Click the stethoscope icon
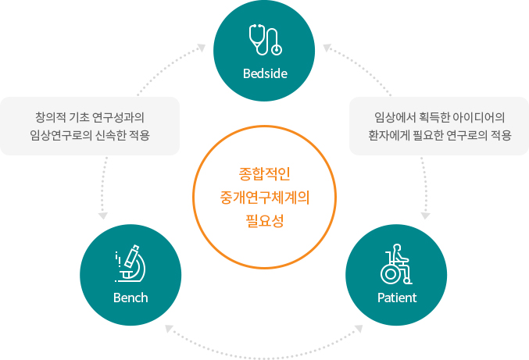(266, 40)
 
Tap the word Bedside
(265, 73)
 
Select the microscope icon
(130, 263)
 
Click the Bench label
(130, 298)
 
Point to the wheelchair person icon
(396, 264)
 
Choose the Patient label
(397, 298)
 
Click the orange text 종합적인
(264, 174)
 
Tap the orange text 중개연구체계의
(265, 198)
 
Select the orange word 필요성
(264, 221)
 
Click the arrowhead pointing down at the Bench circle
(102, 216)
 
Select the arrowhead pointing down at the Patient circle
(425, 216)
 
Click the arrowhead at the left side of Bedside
(202, 48)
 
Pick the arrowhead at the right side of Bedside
(327, 48)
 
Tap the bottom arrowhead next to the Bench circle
(169, 329)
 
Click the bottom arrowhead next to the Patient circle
(359, 329)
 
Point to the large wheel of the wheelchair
(391, 274)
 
